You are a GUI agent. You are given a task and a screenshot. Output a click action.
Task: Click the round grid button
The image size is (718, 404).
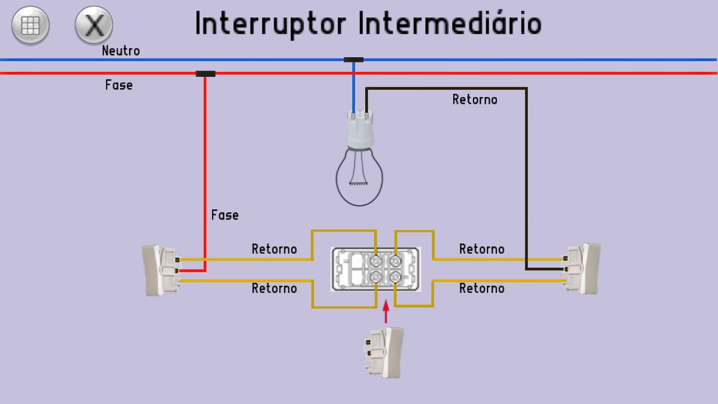(30, 25)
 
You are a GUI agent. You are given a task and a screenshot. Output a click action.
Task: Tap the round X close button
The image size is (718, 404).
(94, 25)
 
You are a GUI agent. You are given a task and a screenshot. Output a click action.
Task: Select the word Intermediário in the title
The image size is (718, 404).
(449, 24)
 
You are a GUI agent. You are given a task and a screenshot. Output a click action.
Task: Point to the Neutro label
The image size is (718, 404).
(121, 51)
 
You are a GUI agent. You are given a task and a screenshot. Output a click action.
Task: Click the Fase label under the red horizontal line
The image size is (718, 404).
(119, 85)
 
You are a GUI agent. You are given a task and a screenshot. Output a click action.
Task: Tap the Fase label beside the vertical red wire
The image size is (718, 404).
(225, 215)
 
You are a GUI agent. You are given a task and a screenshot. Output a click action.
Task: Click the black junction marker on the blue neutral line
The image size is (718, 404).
(353, 59)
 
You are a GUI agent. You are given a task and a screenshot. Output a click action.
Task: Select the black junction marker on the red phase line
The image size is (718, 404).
(205, 74)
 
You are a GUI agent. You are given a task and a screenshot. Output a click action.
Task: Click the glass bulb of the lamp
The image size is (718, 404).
(360, 177)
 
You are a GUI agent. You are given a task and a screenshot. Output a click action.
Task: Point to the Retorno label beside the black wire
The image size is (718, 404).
(475, 100)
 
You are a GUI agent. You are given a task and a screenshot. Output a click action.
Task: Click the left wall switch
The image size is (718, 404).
(161, 270)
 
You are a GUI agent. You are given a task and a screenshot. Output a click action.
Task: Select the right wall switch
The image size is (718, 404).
(582, 268)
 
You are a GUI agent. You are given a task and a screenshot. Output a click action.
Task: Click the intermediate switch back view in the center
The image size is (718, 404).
(375, 269)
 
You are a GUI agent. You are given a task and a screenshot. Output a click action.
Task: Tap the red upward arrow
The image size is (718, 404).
(386, 312)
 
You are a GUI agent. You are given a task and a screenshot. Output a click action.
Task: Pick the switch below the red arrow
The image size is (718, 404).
(384, 352)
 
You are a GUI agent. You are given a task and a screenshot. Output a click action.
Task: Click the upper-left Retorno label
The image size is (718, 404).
(274, 249)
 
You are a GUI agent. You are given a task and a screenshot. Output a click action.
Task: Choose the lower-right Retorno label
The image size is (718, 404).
(482, 288)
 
